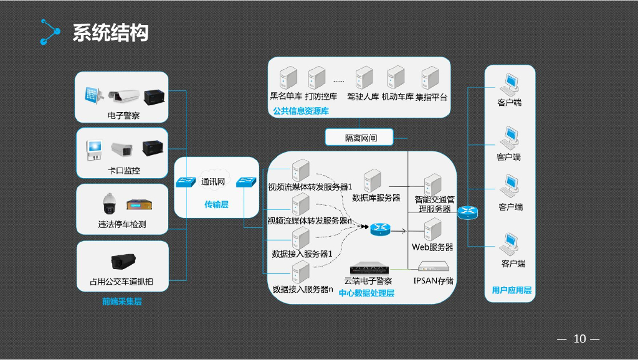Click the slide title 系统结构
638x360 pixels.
pyautogui.click(x=110, y=32)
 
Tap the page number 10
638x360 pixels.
pyautogui.click(x=579, y=339)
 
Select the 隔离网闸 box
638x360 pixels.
pyautogui.click(x=361, y=138)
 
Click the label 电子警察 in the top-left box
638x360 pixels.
pyautogui.click(x=123, y=115)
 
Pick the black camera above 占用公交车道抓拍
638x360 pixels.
pyautogui.click(x=123, y=260)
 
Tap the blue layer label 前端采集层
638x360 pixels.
pyautogui.click(x=122, y=302)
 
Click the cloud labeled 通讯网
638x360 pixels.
pyautogui.click(x=212, y=181)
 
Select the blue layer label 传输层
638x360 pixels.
pyautogui.click(x=216, y=204)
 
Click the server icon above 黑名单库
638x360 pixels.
pyautogui.click(x=287, y=78)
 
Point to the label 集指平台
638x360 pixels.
pyautogui.click(x=431, y=97)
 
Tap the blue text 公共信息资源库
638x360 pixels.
pyautogui.click(x=300, y=111)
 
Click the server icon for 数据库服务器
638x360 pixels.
pyautogui.click(x=373, y=181)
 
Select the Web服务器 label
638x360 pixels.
pyautogui.click(x=432, y=247)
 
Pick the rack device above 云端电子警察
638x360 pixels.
pyautogui.click(x=372, y=269)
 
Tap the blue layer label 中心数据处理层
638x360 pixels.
pyautogui.click(x=366, y=293)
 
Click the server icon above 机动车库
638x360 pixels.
pyautogui.click(x=396, y=78)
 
